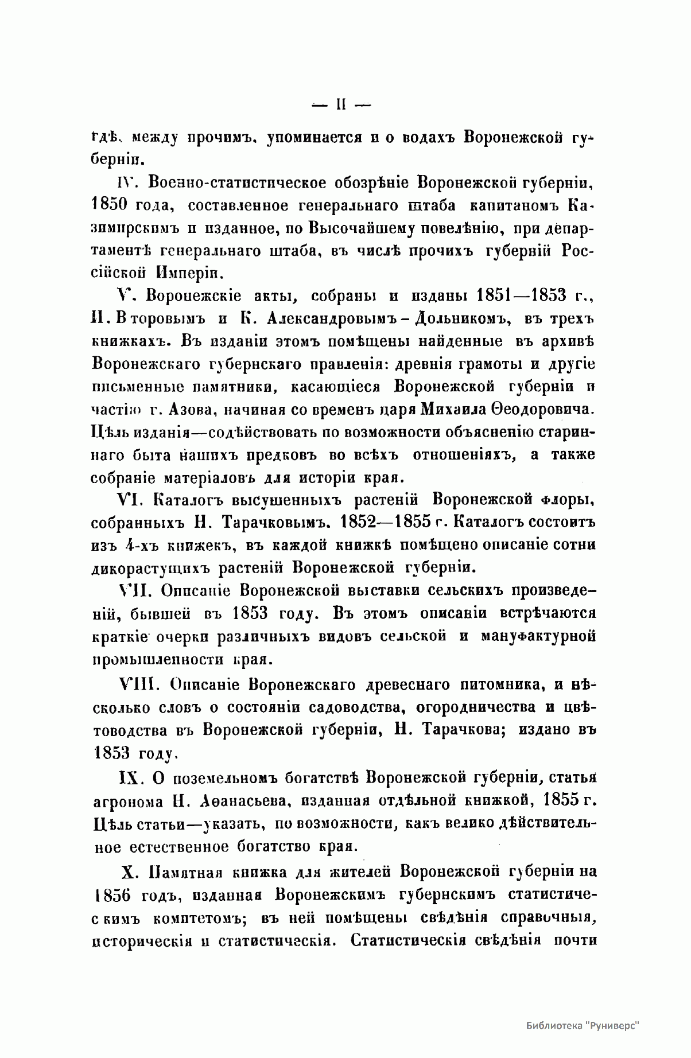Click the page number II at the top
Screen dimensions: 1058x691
click(340, 106)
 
